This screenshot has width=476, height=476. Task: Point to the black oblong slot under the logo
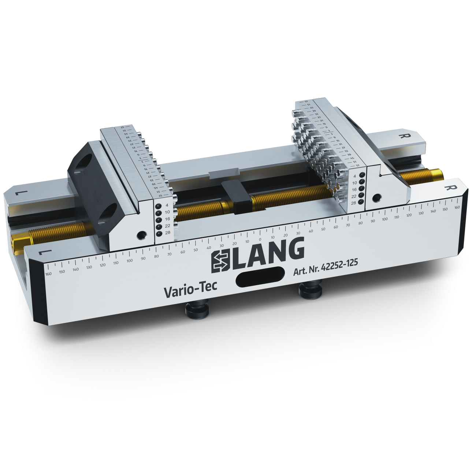click(x=261, y=278)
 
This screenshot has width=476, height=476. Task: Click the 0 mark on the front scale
click(x=260, y=239)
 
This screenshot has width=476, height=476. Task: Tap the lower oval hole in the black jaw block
click(x=107, y=216)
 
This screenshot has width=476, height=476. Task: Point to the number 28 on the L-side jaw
click(x=168, y=233)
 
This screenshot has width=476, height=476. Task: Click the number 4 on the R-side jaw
click(x=355, y=176)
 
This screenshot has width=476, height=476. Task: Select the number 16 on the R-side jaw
click(x=354, y=189)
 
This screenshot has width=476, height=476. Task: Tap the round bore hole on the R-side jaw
click(x=375, y=198)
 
